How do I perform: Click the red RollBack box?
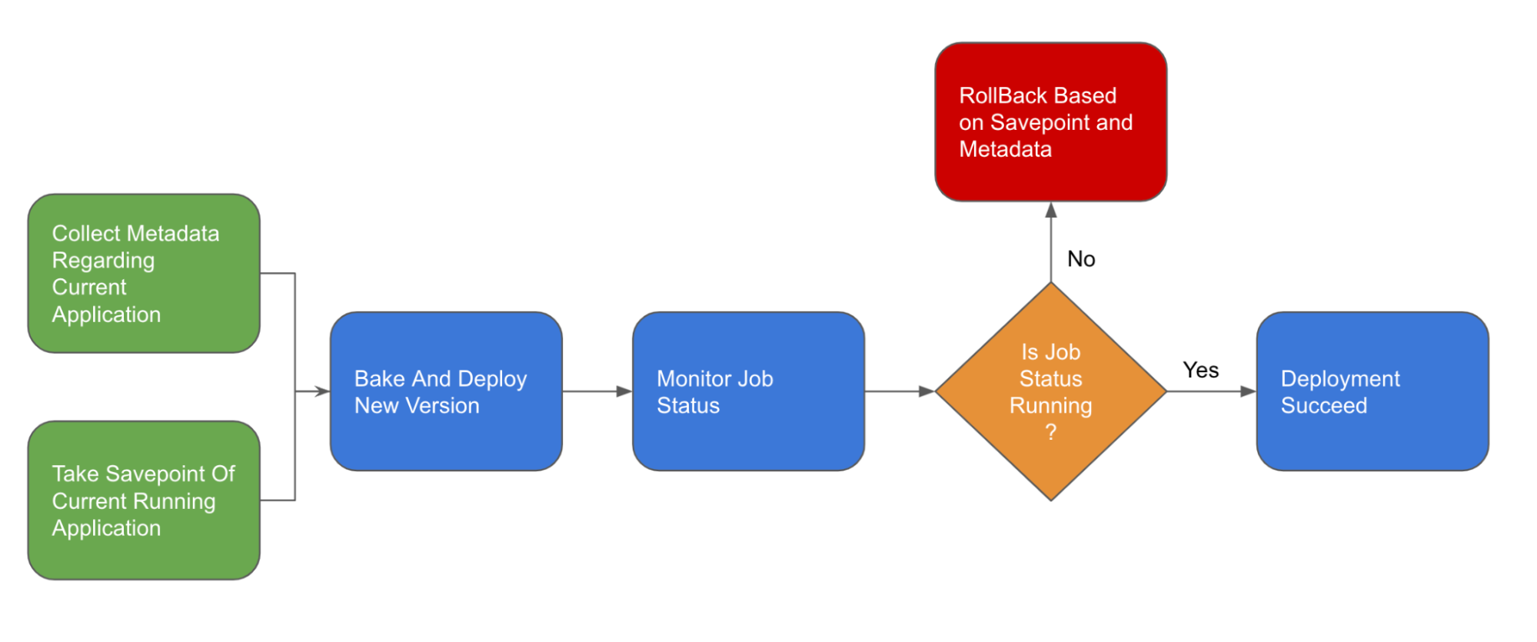pos(1050,121)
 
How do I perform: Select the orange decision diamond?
pos(1050,391)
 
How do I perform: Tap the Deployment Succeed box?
pos(1372,391)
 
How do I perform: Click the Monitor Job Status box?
pos(748,391)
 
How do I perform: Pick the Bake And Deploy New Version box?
pos(446,391)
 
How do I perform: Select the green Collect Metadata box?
pos(144,273)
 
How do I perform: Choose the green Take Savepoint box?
pos(144,500)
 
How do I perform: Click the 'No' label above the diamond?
pos(1081,259)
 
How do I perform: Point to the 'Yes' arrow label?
pos(1200,371)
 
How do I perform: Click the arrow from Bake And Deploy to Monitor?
pos(597,391)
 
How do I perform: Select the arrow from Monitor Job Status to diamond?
pos(900,391)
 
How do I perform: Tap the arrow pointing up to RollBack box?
pos(1051,242)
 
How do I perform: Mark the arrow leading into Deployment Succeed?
pos(1212,391)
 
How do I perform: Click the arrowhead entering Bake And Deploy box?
pos(323,391)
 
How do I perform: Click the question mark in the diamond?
pos(1051,432)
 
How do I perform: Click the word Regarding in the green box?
pos(103,261)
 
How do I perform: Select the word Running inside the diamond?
pos(1050,406)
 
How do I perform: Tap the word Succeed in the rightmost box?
pos(1324,405)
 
